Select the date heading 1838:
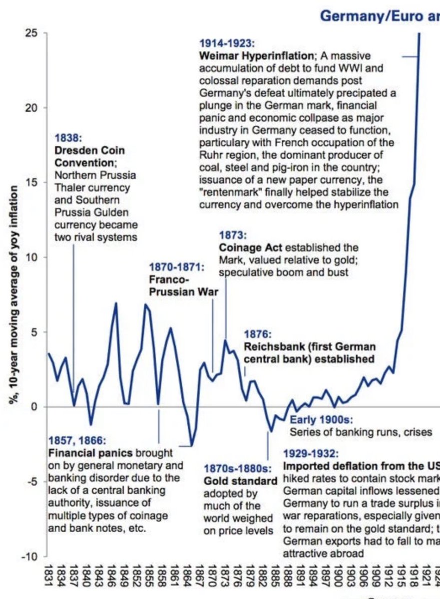click(67, 137)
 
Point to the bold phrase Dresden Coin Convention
click(90, 157)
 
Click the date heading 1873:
click(233, 235)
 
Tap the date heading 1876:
click(257, 334)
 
